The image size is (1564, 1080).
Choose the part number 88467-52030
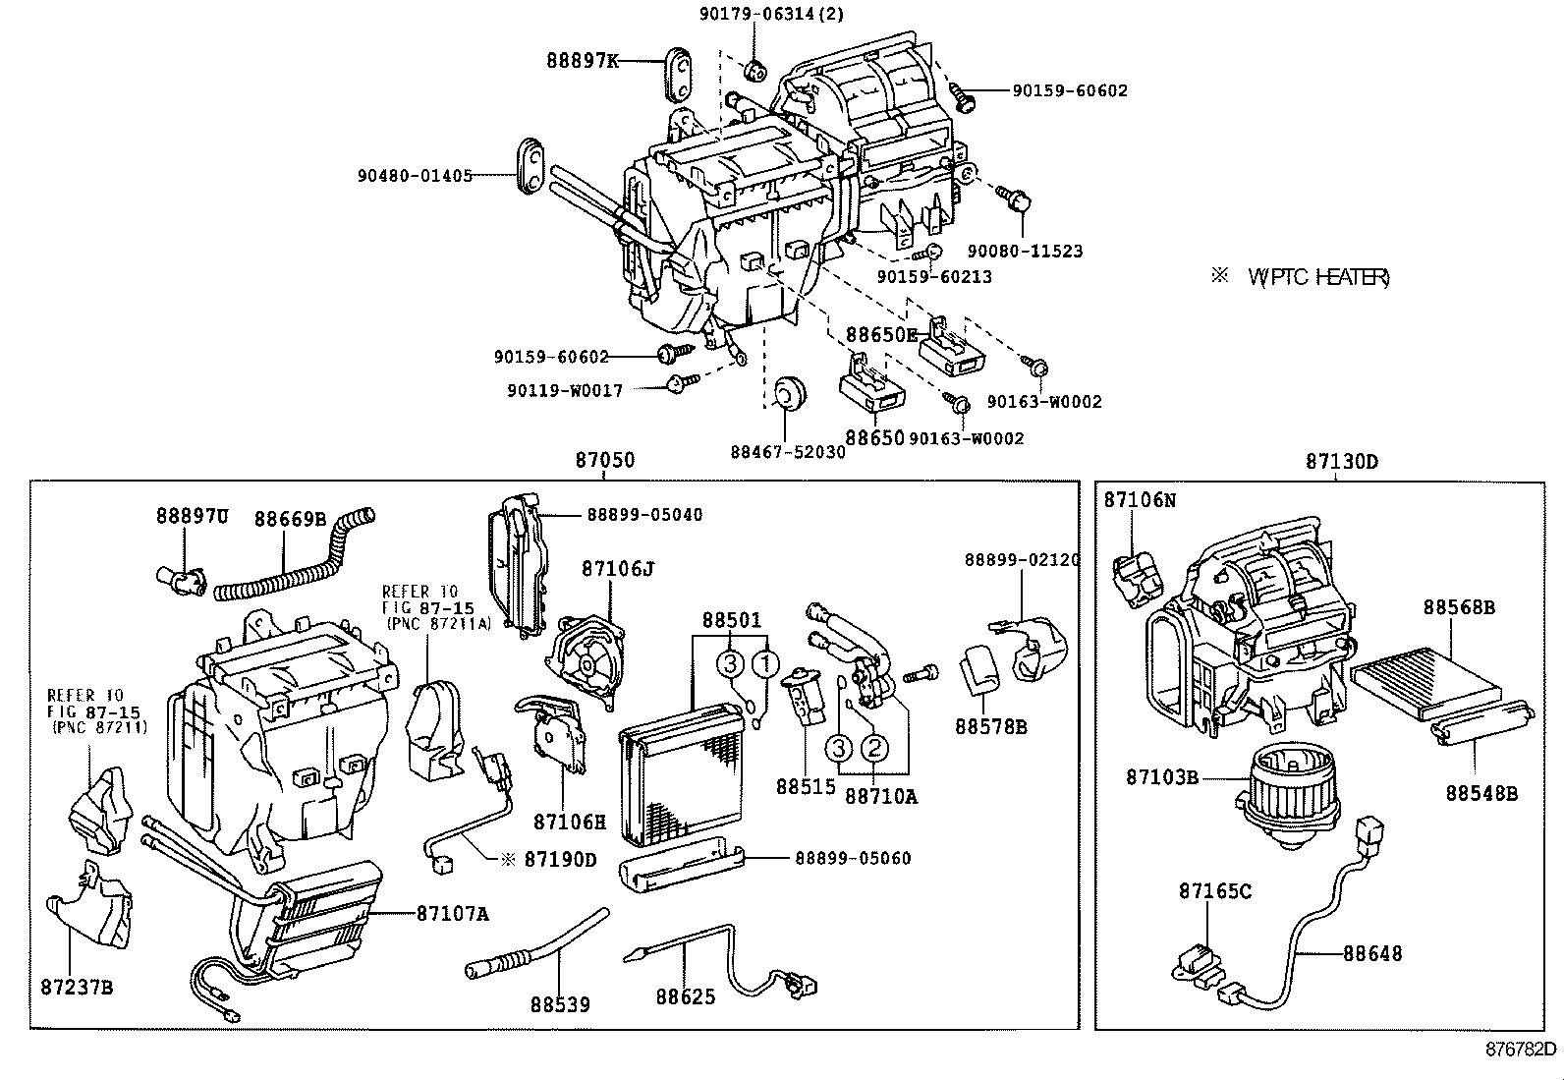tap(787, 452)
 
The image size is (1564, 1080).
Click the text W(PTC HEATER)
tap(1317, 278)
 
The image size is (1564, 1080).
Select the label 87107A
tap(452, 914)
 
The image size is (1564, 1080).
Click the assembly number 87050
tap(604, 460)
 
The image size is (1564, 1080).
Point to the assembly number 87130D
tap(1341, 461)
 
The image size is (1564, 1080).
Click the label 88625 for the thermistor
tap(686, 997)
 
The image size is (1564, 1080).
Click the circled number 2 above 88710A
tap(873, 748)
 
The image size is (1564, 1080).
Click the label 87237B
tap(77, 986)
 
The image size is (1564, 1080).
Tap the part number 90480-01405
tap(415, 176)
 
